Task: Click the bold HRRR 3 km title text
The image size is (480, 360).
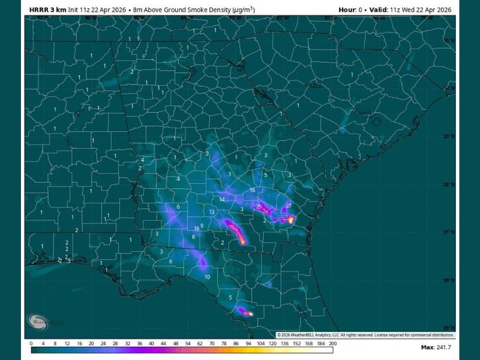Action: click(47, 10)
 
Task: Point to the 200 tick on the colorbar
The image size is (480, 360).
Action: click(332, 344)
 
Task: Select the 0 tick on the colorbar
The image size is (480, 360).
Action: click(31, 344)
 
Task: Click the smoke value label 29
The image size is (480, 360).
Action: click(259, 206)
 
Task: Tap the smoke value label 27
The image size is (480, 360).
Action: click(289, 206)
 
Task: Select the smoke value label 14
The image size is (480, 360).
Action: click(222, 199)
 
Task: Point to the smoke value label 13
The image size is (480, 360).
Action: click(212, 212)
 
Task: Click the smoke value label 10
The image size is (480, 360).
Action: click(207, 277)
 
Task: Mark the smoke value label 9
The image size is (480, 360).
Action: click(202, 226)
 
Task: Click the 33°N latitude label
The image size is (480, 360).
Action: click(446, 136)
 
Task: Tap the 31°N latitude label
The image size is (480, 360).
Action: click(446, 232)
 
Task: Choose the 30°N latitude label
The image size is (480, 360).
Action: click(446, 280)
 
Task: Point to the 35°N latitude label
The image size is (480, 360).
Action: click(446, 41)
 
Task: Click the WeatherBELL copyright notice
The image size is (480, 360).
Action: click(365, 334)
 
